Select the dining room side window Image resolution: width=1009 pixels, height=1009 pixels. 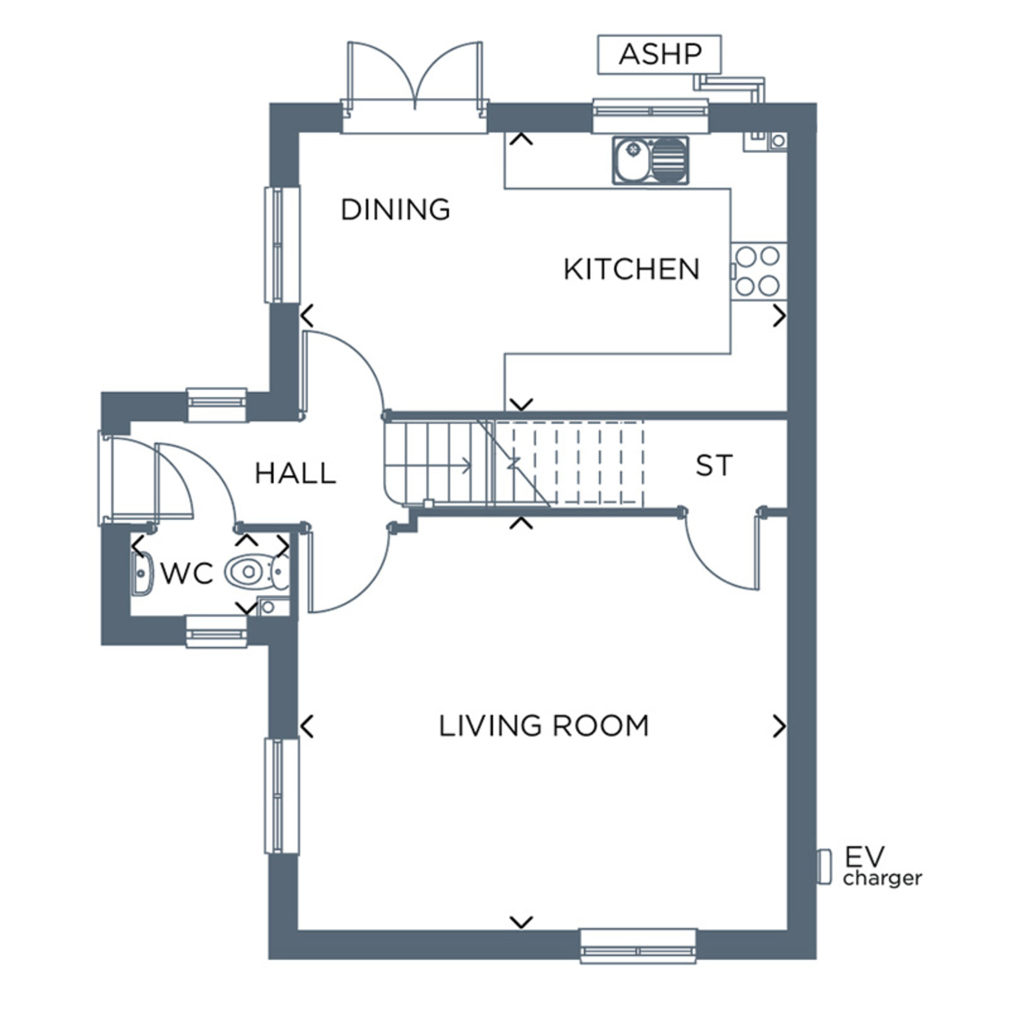click(x=282, y=244)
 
